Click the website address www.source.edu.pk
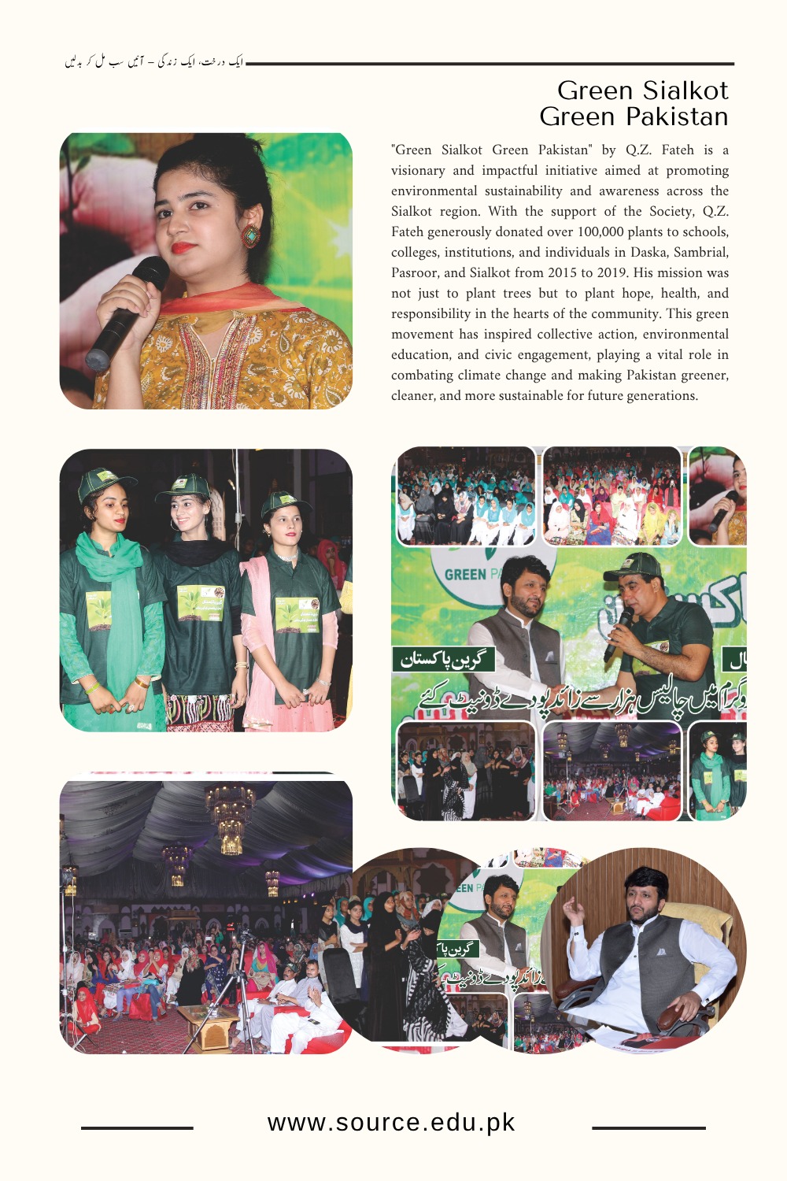[x=391, y=1123]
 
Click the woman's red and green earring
[x=251, y=235]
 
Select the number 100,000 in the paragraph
[x=602, y=231]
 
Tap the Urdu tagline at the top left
[x=154, y=61]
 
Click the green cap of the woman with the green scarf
[x=103, y=481]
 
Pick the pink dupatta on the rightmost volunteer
[x=260, y=622]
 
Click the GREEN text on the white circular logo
[x=465, y=574]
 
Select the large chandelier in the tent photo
[x=230, y=819]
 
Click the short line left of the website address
[x=137, y=1128]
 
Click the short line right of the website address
[x=648, y=1128]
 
